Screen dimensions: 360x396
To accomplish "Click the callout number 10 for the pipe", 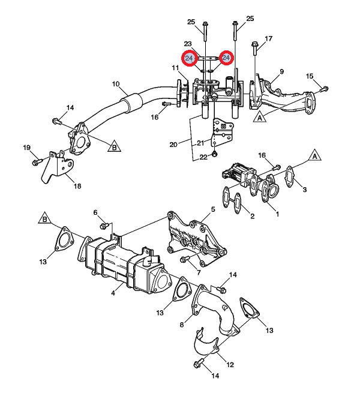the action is (x=116, y=84).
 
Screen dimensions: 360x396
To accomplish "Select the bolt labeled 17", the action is (x=254, y=48).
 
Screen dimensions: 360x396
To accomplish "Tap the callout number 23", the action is (x=188, y=44).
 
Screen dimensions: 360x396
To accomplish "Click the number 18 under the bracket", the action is (x=77, y=186).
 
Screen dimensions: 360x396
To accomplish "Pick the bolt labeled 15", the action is (x=324, y=89).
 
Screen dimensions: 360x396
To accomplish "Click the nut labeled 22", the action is (x=214, y=153).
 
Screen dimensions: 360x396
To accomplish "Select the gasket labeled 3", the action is (x=289, y=176).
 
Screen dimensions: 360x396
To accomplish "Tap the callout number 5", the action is (x=213, y=209).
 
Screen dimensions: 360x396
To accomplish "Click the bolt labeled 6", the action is (x=104, y=226).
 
